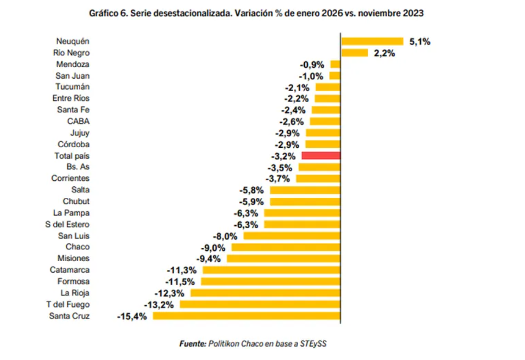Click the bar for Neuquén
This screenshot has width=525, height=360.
[372, 41]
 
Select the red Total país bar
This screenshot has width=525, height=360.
[321, 156]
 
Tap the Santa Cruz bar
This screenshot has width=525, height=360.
[247, 316]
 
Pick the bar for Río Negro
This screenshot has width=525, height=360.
[354, 53]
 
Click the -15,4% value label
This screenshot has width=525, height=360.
[132, 317]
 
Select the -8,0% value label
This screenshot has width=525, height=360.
[225, 236]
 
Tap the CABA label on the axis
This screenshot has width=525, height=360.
[78, 121]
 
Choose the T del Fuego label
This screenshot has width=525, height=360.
[68, 304]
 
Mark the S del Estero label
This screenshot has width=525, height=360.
[67, 224]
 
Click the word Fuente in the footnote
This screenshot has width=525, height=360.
[193, 344]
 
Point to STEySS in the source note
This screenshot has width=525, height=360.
[314, 344]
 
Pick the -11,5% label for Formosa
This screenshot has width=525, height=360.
[182, 282]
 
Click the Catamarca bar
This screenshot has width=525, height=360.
[271, 270]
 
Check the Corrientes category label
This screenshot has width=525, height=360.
[70, 179]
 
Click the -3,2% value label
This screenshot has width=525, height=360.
[284, 156]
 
